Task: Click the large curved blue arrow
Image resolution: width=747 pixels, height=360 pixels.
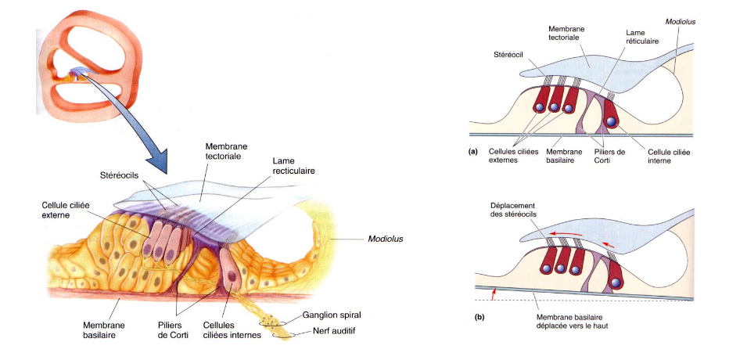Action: (x=129, y=125)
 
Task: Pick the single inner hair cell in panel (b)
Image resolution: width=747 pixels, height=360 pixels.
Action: (x=616, y=278)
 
